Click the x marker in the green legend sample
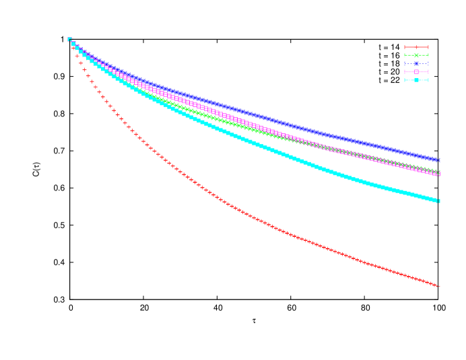point(416,55)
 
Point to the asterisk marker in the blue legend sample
point(416,63)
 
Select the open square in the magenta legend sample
point(416,72)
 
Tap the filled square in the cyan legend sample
point(416,80)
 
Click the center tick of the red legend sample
point(416,47)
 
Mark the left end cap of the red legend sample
point(405,47)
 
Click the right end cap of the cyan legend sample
point(428,80)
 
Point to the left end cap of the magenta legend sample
point(405,72)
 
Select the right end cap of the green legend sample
point(428,55)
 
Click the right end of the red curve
point(438,287)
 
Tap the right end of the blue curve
point(438,160)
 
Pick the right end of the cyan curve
point(438,201)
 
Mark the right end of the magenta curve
point(438,174)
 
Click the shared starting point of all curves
point(69,39)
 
